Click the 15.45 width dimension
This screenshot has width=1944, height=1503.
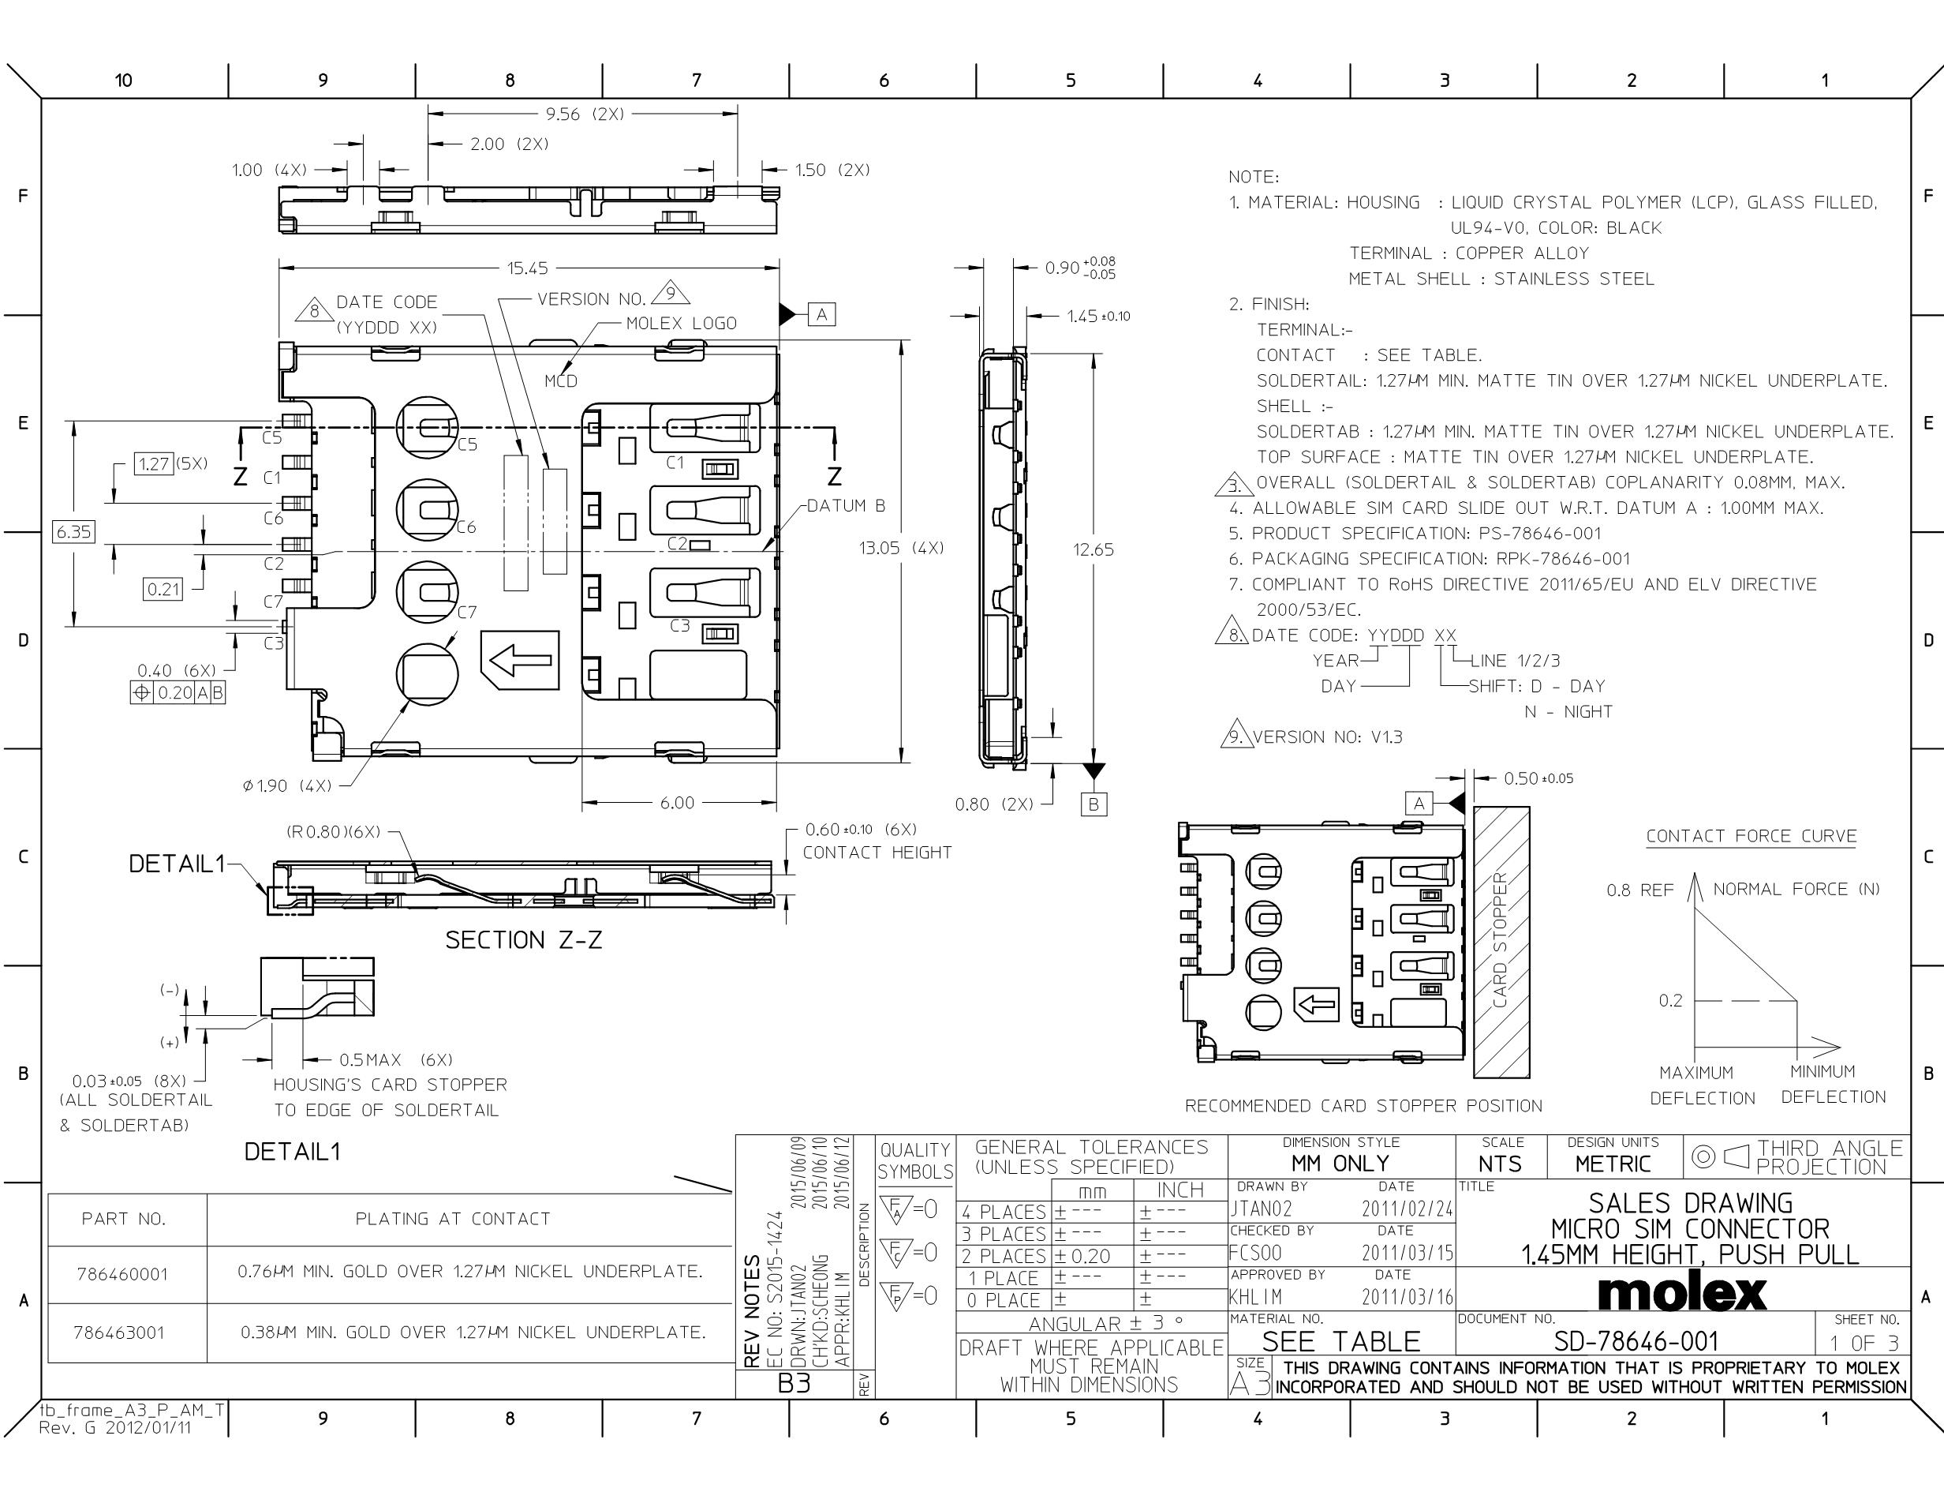click(528, 268)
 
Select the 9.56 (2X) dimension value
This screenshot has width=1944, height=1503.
click(585, 114)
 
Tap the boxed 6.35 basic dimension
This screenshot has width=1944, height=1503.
click(73, 531)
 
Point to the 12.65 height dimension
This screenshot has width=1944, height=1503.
click(1093, 549)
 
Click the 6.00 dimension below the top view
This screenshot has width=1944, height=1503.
click(676, 802)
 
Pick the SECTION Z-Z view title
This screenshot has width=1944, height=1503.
click(523, 939)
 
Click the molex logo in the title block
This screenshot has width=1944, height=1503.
click(1682, 1292)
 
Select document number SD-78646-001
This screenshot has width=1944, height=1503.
click(1636, 1341)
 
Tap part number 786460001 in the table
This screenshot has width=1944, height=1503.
click(122, 1274)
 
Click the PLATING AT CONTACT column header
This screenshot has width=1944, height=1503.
click(453, 1219)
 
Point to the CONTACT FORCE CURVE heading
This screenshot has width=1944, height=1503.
click(1751, 836)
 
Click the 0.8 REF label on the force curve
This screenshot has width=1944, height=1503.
click(1639, 890)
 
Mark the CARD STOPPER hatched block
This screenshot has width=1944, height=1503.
click(1501, 941)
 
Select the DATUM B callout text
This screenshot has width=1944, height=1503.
click(847, 506)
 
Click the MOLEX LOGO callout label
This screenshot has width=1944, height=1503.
click(681, 323)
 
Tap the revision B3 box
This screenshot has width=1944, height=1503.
click(794, 1384)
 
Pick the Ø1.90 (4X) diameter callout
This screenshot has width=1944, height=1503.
click(286, 785)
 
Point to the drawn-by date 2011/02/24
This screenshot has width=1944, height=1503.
click(1408, 1209)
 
